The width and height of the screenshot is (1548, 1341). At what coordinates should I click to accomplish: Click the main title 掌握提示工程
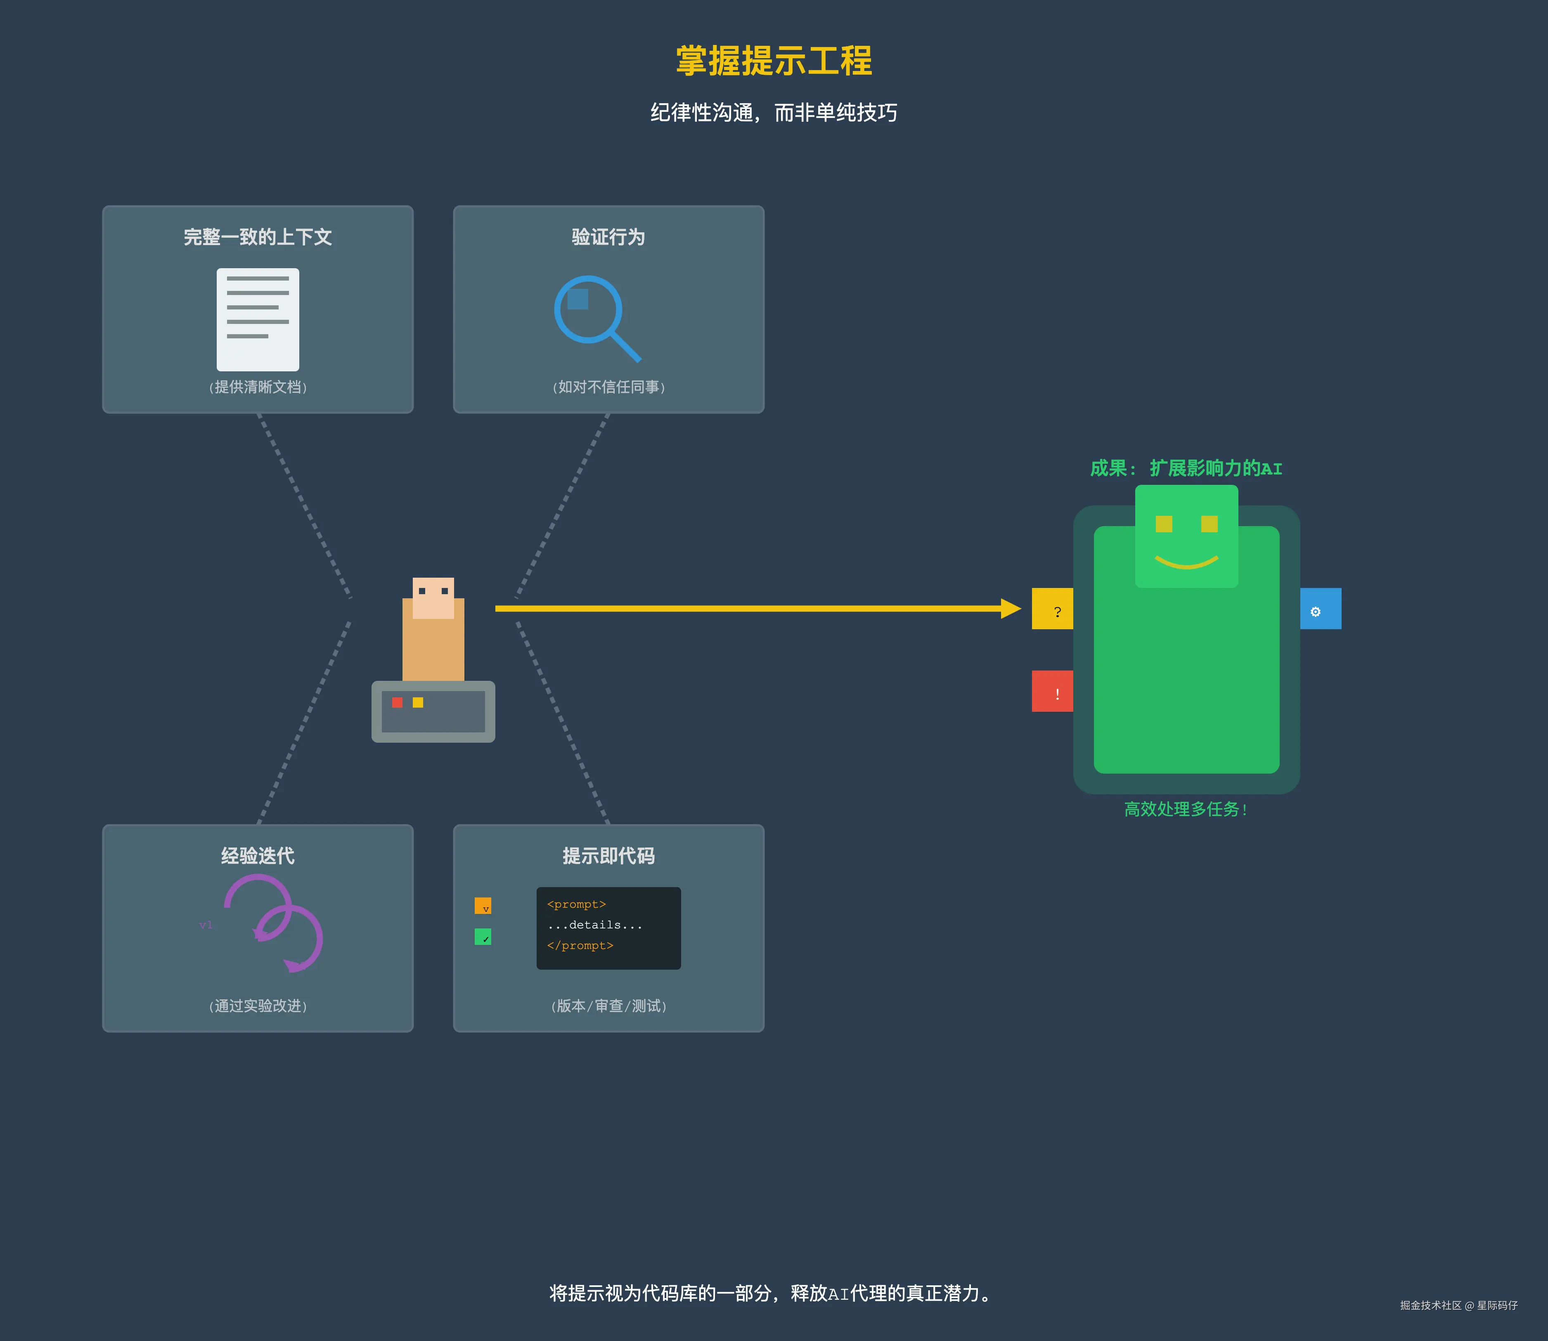[x=774, y=61]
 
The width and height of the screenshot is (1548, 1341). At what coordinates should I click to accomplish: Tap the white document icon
[x=258, y=319]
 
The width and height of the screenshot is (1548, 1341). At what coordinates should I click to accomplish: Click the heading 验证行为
[x=608, y=237]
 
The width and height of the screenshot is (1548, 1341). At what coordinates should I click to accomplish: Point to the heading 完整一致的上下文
[x=258, y=237]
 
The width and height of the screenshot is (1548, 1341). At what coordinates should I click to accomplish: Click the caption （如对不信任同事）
[x=608, y=387]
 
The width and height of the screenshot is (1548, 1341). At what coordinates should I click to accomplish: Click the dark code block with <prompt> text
[x=608, y=928]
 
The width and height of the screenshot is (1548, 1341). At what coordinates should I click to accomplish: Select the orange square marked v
[x=483, y=905]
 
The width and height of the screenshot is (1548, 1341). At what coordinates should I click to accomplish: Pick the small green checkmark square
[x=483, y=937]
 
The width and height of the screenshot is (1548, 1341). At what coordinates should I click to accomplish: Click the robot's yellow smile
[x=1186, y=561]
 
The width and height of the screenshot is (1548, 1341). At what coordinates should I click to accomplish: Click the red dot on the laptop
[x=398, y=702]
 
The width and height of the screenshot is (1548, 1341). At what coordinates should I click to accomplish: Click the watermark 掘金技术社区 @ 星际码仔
[x=1458, y=1305]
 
